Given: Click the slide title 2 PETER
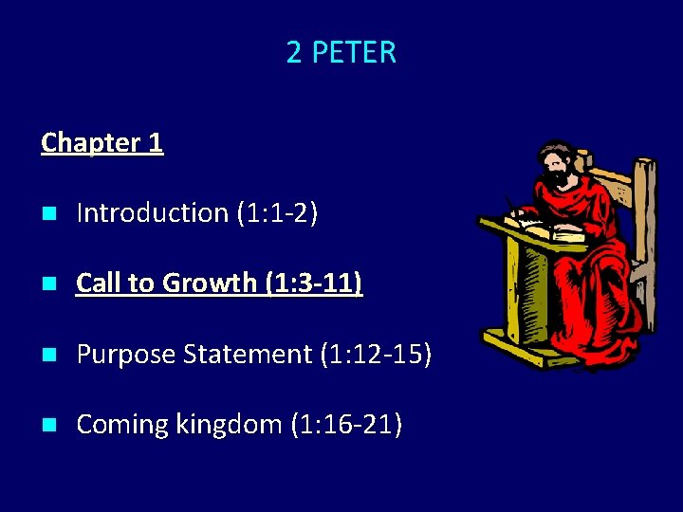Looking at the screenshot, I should click(341, 52).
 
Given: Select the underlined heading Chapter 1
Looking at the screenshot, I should click(102, 142).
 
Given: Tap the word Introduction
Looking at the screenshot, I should click(151, 212).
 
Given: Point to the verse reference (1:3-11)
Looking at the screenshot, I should click(315, 283).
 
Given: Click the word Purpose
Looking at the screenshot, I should click(127, 354).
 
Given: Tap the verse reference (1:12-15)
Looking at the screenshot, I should click(376, 354).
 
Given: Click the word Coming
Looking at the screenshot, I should click(122, 424).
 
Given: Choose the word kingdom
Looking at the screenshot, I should click(227, 424).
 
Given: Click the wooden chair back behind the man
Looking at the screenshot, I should click(641, 218).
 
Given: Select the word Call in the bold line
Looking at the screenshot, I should click(99, 283).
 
